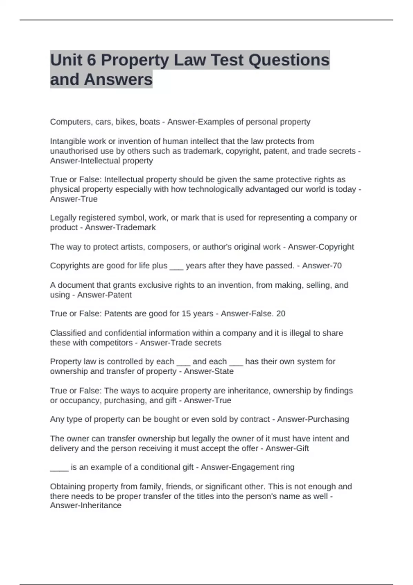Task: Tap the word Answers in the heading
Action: pyautogui.click(x=118, y=79)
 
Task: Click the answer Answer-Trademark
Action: pyautogui.click(x=120, y=227)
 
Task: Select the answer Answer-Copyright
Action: pyautogui.click(x=321, y=247)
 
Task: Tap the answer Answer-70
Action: pyautogui.click(x=322, y=266)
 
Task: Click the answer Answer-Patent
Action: pyautogui.click(x=104, y=295)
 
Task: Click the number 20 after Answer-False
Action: pyautogui.click(x=280, y=314)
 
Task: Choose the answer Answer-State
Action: pyautogui.click(x=209, y=371)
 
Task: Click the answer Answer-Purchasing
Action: pyautogui.click(x=313, y=419)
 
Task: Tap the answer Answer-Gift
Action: pyautogui.click(x=287, y=448)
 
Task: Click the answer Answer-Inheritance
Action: pyautogui.click(x=86, y=506)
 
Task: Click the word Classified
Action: pyautogui.click(x=68, y=333)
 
